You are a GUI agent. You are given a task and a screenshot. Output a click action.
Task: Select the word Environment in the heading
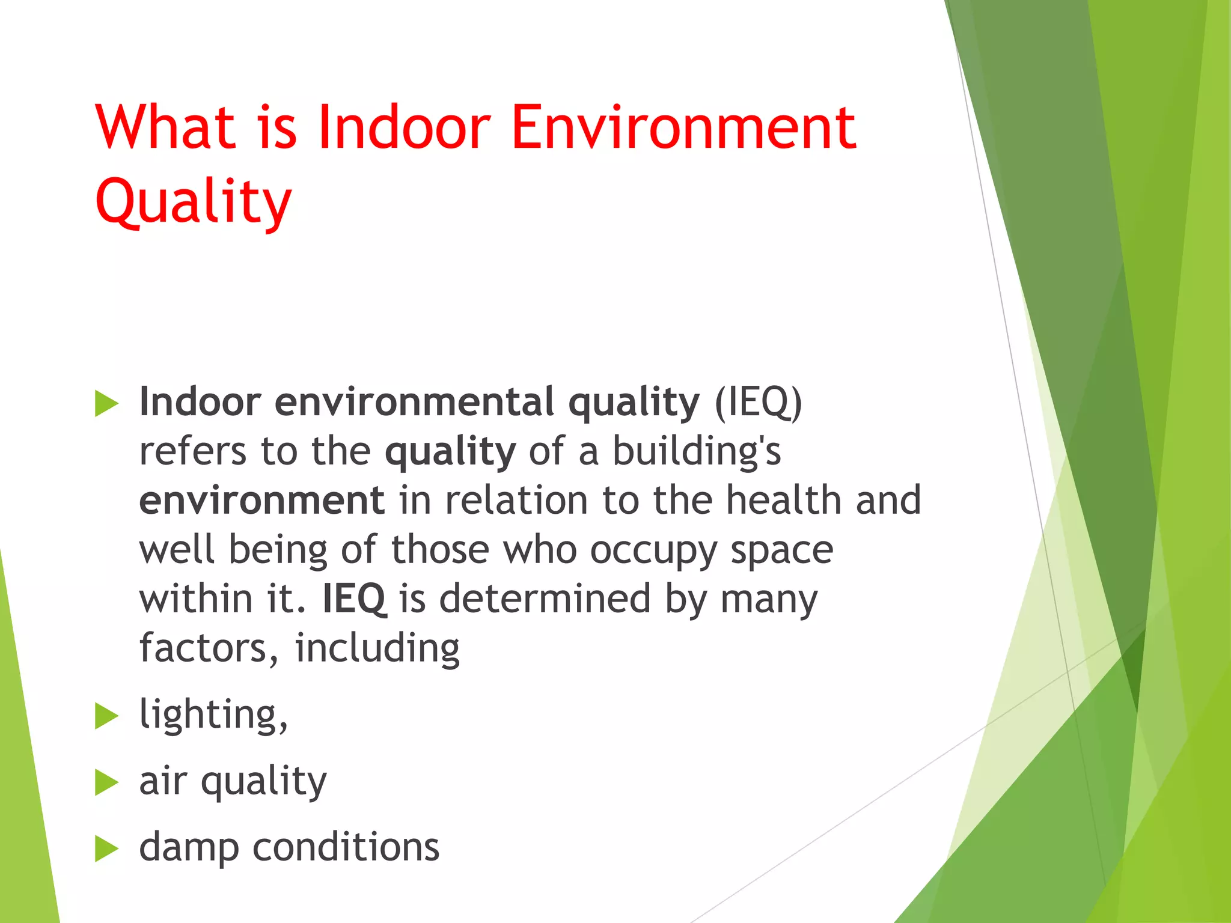[x=683, y=127]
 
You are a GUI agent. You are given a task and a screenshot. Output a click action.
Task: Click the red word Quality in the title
[x=194, y=201]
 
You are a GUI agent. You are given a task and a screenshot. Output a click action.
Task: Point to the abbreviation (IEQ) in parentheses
[x=758, y=402]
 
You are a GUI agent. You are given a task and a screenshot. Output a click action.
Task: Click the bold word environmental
[x=415, y=402]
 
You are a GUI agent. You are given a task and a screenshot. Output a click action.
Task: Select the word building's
[x=697, y=451]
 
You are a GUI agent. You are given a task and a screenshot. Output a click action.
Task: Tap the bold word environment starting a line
[x=261, y=501]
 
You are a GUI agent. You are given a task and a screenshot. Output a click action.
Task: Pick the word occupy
[x=653, y=550]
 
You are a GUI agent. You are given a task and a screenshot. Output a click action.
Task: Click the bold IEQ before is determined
[x=354, y=599]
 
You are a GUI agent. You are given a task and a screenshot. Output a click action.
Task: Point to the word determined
[x=545, y=599]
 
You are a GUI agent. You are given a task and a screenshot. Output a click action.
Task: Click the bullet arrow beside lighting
[x=106, y=716]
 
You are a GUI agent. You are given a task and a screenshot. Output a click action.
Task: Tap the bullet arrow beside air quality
[x=106, y=782]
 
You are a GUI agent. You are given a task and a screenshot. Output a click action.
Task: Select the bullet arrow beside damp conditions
[x=106, y=849]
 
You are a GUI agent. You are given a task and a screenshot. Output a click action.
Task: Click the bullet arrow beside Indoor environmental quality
[x=106, y=403]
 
